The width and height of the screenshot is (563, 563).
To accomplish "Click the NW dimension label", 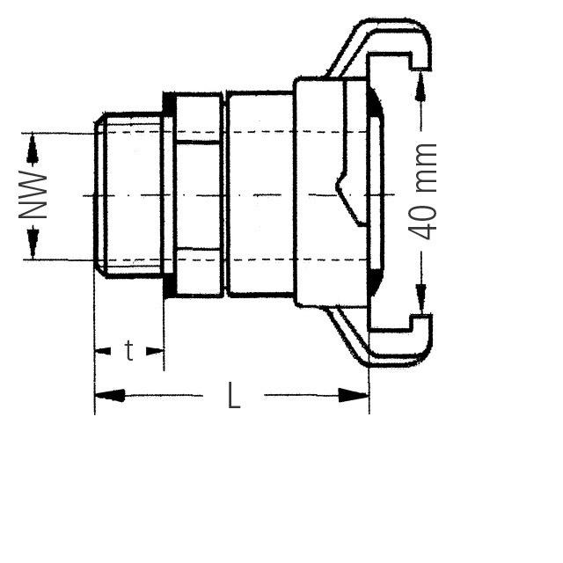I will [33, 195].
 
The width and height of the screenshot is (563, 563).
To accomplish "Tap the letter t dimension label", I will [128, 351].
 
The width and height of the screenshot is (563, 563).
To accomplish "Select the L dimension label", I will [233, 396].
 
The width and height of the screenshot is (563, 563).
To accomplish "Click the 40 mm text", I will [424, 191].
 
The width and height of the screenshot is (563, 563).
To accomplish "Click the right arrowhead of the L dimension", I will [355, 396].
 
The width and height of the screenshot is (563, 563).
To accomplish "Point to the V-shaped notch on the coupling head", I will [346, 195].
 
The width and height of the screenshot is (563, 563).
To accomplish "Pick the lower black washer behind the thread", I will [168, 287].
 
